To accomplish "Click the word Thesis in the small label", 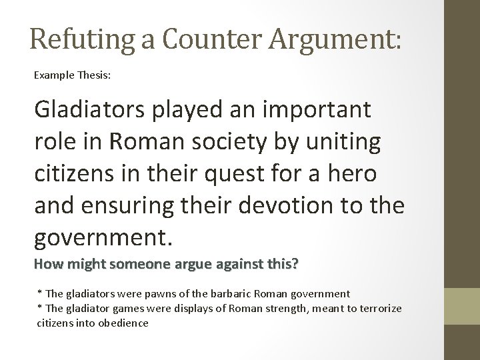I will coord(95,76).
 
